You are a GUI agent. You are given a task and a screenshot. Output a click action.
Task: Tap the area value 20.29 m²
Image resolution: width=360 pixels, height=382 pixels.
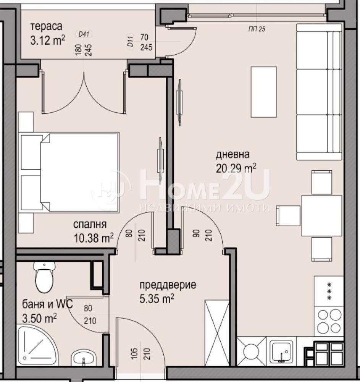point(236,168)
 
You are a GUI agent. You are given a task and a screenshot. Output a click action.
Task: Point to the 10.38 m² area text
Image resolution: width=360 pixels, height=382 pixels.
point(94,238)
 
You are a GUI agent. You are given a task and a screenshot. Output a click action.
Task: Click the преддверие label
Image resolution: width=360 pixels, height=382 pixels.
point(168,285)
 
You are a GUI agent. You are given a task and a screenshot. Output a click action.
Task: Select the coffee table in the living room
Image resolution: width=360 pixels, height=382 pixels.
point(263,92)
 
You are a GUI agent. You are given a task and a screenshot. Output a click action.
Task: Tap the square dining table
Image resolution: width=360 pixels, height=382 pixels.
point(321,216)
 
